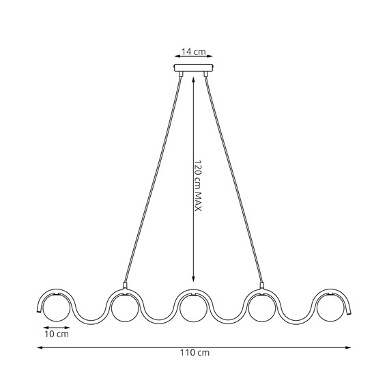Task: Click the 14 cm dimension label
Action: click(193, 52)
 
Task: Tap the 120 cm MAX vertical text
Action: click(197, 186)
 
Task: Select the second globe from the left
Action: click(125, 309)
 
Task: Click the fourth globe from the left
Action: click(262, 309)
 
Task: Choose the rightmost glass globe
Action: click(331, 309)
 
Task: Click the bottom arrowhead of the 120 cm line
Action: click(195, 280)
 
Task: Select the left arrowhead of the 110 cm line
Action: click(39, 347)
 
